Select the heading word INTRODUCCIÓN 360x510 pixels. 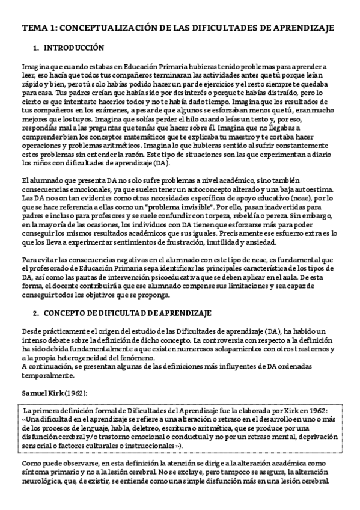pos(74,48)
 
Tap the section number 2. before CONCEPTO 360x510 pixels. pos(36,314)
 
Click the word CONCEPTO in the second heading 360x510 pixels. pos(66,314)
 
